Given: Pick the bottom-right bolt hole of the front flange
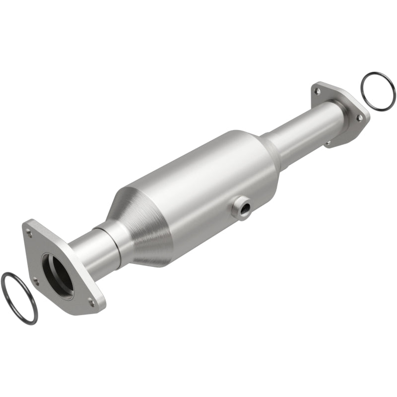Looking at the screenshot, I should pos(90,300).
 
